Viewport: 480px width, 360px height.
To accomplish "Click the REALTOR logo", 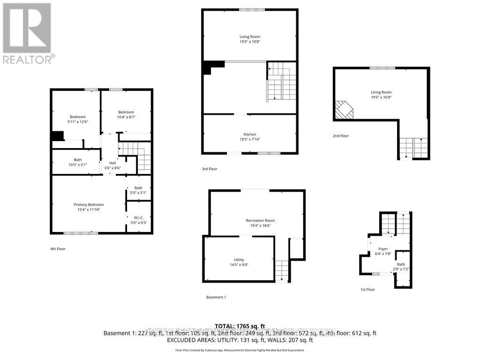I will click(x=27, y=33).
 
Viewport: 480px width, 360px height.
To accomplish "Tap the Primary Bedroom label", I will click(x=89, y=207).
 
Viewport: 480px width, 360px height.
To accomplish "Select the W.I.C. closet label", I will click(x=139, y=220).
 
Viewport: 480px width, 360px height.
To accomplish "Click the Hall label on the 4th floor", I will click(x=112, y=165).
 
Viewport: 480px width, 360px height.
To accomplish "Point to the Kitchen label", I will click(x=249, y=137).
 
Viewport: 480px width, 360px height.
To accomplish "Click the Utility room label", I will click(x=239, y=262).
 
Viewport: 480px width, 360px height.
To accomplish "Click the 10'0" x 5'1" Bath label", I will click(x=77, y=162).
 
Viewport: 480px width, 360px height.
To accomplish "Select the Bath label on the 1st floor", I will click(x=401, y=267).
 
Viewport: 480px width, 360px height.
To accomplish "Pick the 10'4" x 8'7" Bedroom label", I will click(x=126, y=114).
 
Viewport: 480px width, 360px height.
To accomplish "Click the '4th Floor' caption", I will click(x=58, y=249).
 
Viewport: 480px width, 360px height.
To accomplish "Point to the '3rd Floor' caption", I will click(x=210, y=169).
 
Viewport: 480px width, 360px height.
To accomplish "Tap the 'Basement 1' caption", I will click(x=216, y=297).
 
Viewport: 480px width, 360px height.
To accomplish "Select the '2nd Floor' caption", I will click(x=341, y=136).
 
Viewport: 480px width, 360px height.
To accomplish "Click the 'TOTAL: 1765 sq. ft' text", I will click(x=240, y=326).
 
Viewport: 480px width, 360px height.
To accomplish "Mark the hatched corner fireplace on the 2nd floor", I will click(x=344, y=111).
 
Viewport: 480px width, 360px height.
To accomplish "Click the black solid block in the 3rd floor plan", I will click(x=208, y=68).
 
